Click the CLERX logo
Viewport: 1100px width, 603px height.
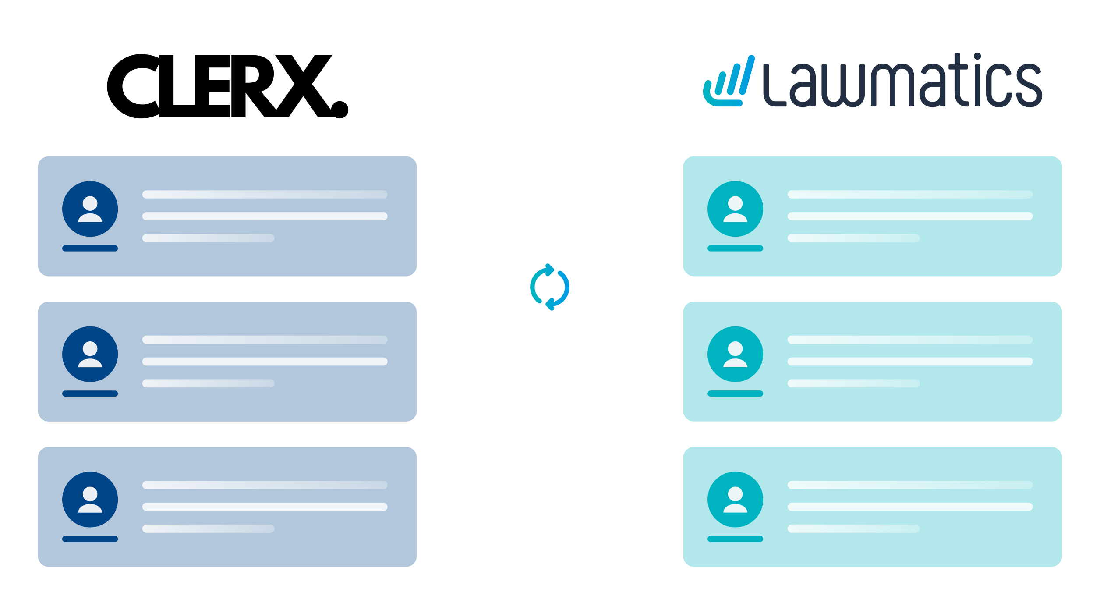point(227,86)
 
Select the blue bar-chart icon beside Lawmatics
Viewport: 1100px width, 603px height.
point(729,82)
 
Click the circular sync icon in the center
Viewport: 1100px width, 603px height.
point(550,287)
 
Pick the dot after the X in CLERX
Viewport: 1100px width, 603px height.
point(340,110)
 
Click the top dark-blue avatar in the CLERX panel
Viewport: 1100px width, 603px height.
point(90,209)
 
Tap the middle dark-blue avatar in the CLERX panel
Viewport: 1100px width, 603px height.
point(90,354)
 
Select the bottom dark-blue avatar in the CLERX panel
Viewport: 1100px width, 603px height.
point(90,500)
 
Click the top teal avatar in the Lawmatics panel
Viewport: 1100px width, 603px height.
point(735,209)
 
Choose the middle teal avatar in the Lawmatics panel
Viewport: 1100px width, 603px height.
point(735,354)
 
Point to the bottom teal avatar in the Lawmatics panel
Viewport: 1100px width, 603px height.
point(735,500)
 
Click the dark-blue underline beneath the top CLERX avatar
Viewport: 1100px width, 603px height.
point(90,248)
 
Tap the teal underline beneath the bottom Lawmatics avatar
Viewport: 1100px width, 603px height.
point(735,539)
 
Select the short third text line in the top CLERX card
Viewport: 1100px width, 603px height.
point(209,238)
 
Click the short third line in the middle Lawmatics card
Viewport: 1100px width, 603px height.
point(853,383)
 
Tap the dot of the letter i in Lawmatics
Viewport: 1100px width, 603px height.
point(977,56)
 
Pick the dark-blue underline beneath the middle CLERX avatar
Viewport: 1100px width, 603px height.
point(90,394)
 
